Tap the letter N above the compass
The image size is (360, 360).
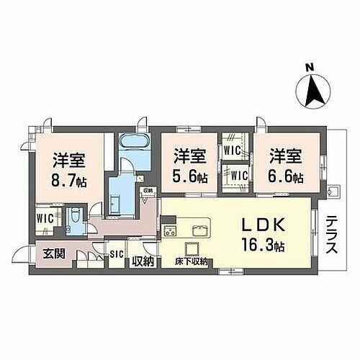point(311,68)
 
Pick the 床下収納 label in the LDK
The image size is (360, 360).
point(191,262)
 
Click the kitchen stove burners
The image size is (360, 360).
point(171,232)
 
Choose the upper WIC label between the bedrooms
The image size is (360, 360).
point(232,150)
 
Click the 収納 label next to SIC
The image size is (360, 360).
point(142,260)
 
